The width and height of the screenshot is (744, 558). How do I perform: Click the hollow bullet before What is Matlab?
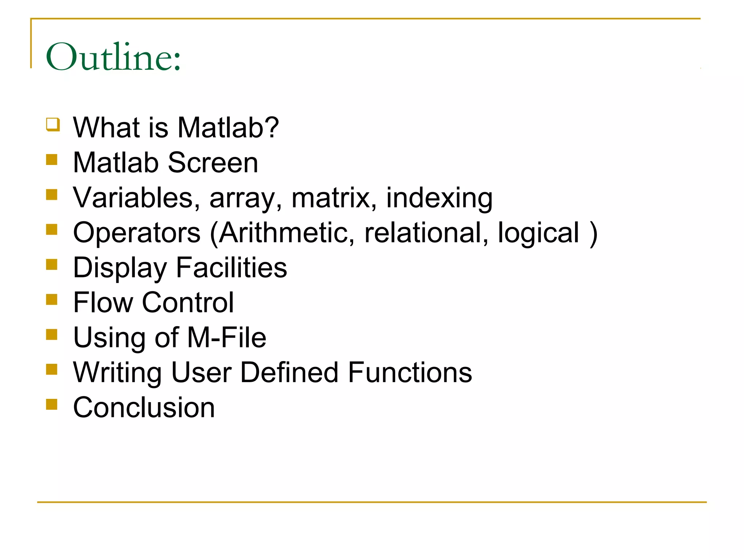click(53, 125)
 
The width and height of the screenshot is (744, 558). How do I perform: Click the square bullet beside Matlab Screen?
click(52, 160)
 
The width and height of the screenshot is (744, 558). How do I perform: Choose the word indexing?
click(439, 198)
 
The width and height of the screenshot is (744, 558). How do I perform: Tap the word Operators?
click(137, 233)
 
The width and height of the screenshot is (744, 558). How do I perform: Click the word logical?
click(538, 233)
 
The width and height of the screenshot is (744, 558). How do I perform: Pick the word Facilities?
click(231, 268)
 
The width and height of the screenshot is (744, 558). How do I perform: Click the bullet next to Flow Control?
click(52, 300)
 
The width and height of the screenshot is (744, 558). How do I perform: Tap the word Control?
click(188, 303)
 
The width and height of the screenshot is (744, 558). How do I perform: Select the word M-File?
click(227, 337)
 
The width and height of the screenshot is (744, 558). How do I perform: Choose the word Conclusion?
click(144, 408)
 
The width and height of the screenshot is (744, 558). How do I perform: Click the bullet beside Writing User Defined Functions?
click(52, 369)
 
